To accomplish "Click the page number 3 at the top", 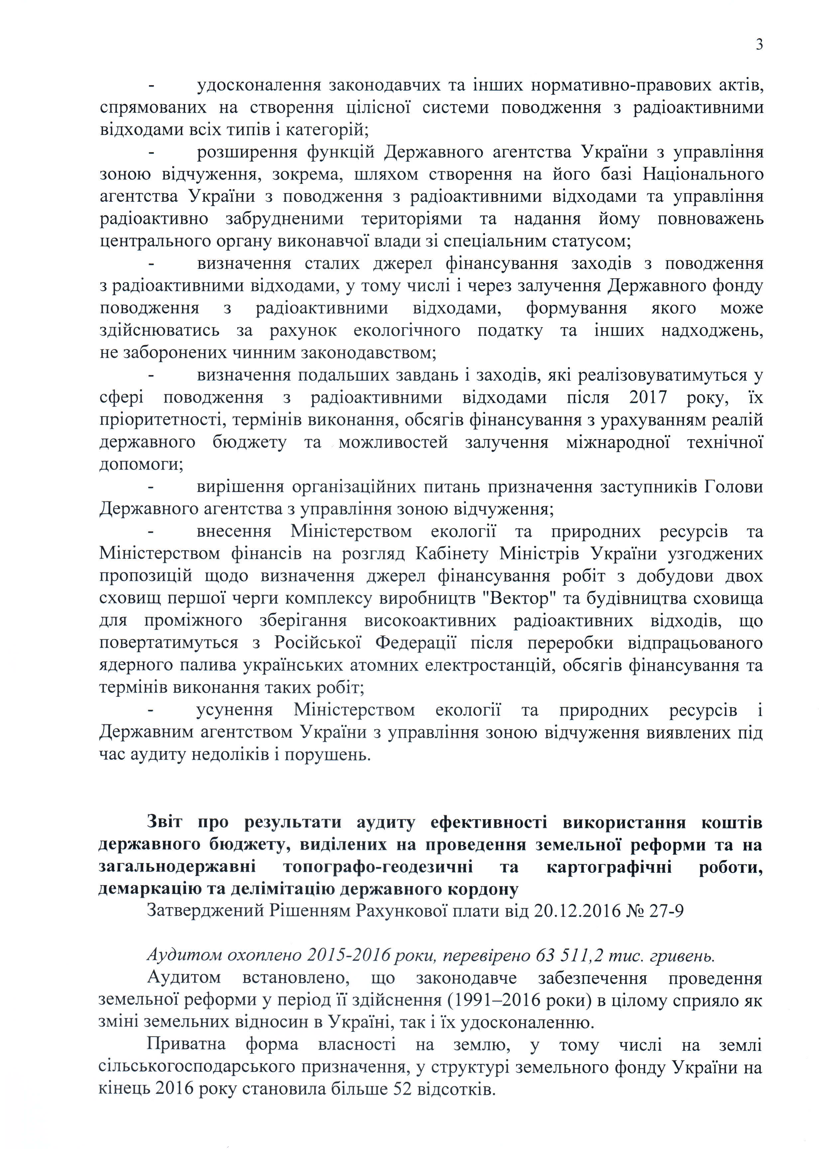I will click(759, 45).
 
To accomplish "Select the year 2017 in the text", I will click(648, 397).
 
